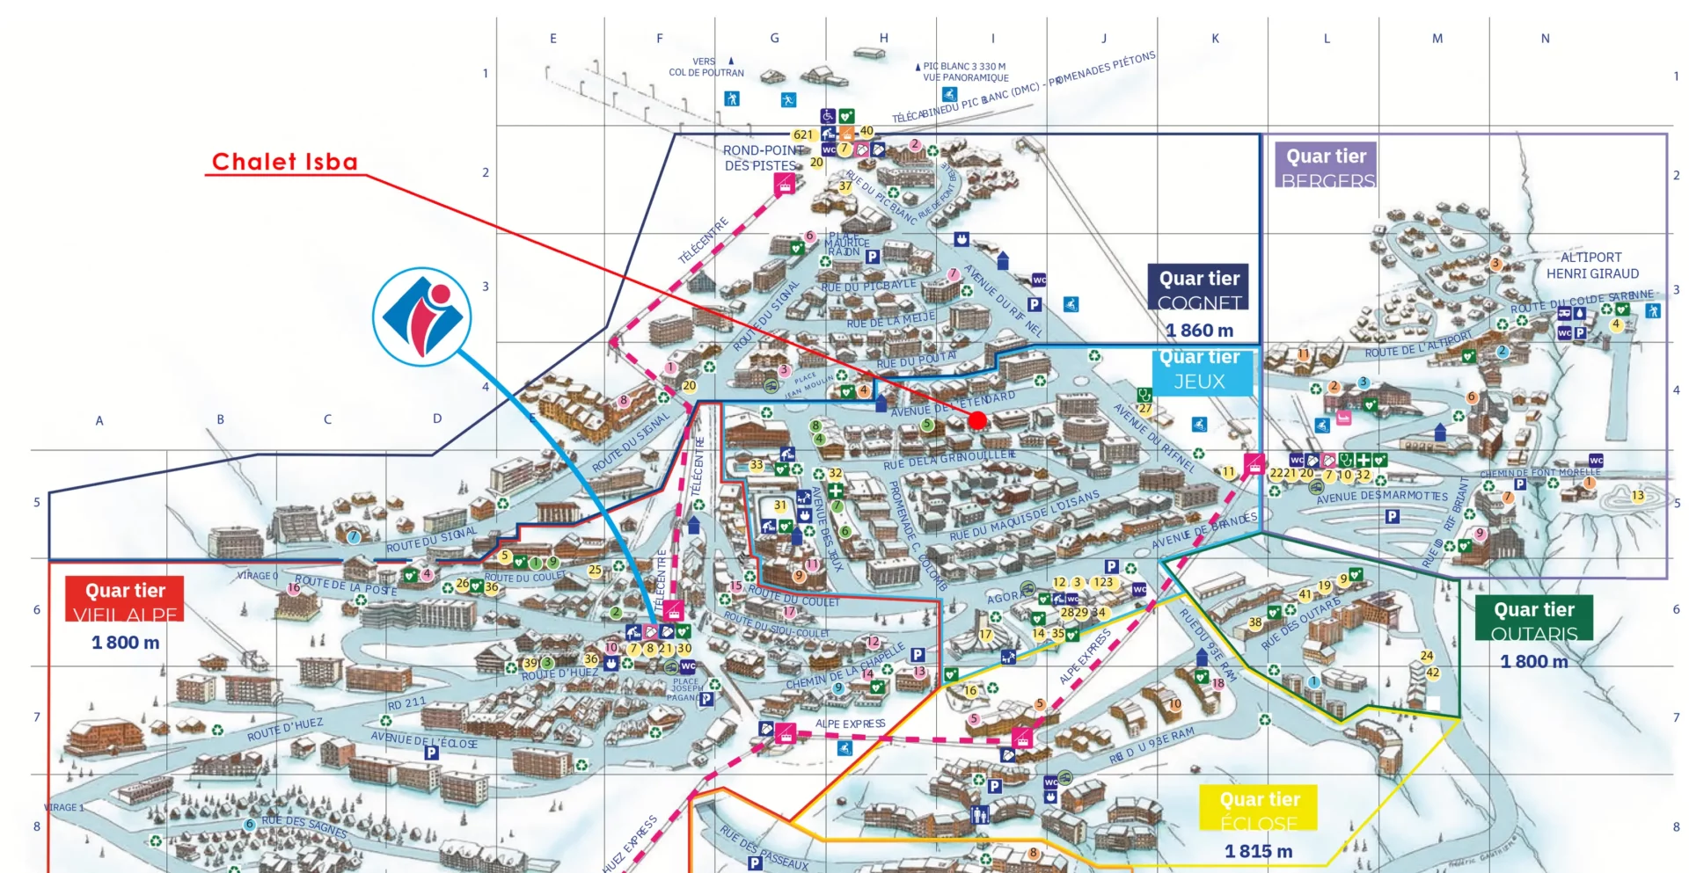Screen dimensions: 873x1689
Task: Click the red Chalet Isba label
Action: (284, 162)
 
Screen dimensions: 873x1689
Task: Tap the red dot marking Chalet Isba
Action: (977, 421)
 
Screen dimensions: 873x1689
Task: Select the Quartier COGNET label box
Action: (1199, 288)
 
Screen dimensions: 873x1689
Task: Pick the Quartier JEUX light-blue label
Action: (1199, 370)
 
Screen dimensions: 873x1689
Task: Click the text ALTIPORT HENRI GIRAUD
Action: (1591, 266)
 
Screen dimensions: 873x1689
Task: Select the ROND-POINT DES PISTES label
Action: (762, 158)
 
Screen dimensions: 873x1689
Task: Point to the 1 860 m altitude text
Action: (1199, 331)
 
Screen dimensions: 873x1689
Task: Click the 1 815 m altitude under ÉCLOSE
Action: (1258, 851)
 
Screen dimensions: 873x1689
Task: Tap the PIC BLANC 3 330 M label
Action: (964, 67)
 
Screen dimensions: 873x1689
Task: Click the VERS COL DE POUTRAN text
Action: (706, 67)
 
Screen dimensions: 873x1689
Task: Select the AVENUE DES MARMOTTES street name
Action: (1381, 497)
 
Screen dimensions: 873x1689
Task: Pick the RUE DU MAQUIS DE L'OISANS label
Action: (1024, 516)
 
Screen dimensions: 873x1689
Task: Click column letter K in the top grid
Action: (1215, 39)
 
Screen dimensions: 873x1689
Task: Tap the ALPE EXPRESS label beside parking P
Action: (850, 724)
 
